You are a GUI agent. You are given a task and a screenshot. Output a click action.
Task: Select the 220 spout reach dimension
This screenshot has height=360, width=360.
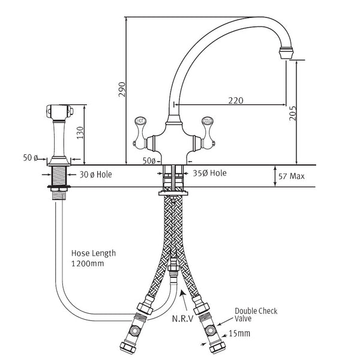(x=235, y=100)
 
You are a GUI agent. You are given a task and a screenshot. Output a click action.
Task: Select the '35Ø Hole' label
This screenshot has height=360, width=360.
(x=210, y=173)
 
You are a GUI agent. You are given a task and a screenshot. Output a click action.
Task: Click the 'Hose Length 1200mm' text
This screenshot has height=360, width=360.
(x=93, y=259)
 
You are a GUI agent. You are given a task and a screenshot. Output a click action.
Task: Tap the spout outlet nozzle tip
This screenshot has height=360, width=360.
(x=287, y=53)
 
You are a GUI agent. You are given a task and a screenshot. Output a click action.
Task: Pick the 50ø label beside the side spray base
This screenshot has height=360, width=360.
(x=31, y=157)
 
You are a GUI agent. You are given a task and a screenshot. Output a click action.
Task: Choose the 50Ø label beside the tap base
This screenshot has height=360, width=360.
(x=149, y=161)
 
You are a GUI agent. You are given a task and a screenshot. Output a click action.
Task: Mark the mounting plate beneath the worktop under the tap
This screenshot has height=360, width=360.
(x=175, y=193)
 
